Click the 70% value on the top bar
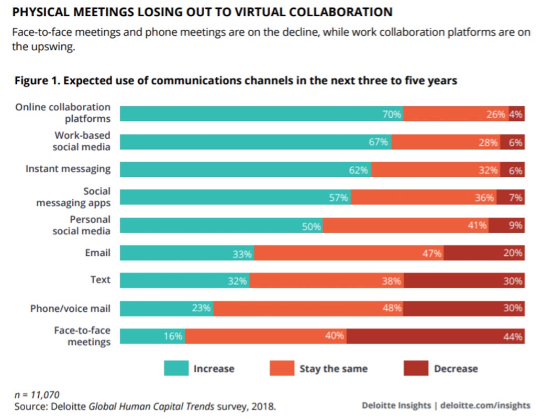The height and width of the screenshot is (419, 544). tap(392, 114)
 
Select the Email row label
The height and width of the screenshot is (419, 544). tap(98, 253)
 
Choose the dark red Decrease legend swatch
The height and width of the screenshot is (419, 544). tap(415, 368)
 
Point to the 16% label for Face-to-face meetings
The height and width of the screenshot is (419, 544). tap(173, 336)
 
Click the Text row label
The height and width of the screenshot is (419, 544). tap(100, 280)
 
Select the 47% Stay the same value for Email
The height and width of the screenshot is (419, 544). tap(432, 254)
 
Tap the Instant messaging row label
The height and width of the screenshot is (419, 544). tap(68, 169)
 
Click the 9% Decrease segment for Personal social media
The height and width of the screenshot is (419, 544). tap(506, 225)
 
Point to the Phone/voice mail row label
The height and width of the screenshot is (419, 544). tap(70, 309)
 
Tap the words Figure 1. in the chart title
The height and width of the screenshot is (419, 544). tap(37, 81)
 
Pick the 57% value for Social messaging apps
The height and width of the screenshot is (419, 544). tap(338, 198)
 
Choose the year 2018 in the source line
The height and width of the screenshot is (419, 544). tap(263, 406)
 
